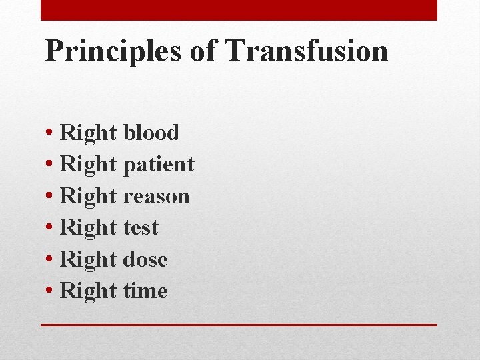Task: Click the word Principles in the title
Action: point(112,51)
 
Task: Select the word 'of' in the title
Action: point(202,51)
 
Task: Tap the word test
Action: point(141,228)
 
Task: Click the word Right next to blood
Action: point(88,133)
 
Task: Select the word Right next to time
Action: point(88,291)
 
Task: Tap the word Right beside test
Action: point(88,228)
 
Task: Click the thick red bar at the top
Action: point(239,10)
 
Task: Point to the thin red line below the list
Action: point(239,325)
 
